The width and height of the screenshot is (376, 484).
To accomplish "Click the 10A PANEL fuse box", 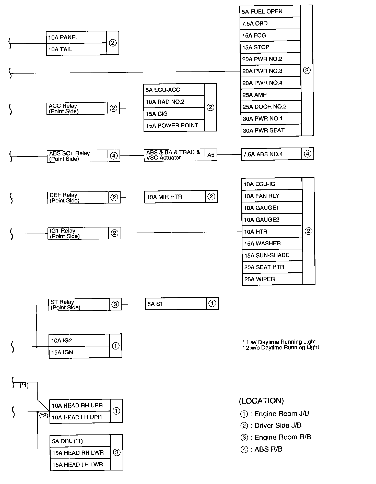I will (x=76, y=37).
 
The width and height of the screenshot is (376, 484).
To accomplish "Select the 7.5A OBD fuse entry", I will (x=270, y=23).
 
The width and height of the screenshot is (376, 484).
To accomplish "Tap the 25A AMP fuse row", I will (x=270, y=95).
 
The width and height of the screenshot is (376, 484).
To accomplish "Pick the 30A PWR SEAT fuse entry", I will (x=271, y=130).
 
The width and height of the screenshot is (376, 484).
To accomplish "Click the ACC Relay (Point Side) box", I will (x=77, y=108).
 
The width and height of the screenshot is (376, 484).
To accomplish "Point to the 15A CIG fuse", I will (x=174, y=114).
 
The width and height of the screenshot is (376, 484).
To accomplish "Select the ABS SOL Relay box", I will (x=77, y=156).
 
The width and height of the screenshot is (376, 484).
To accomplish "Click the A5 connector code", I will (x=211, y=155).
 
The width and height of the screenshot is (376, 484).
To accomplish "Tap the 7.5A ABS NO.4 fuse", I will (x=271, y=154).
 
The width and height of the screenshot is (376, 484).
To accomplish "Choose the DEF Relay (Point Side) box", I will (x=78, y=198).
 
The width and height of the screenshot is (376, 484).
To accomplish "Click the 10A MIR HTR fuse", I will (x=175, y=197).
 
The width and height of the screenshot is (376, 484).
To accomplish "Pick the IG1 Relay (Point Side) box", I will (x=78, y=233).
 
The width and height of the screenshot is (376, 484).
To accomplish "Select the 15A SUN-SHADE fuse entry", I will (x=272, y=255).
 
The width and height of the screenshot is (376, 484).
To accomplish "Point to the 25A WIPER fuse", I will (x=272, y=279).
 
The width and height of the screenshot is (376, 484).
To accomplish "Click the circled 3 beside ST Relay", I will (x=115, y=304).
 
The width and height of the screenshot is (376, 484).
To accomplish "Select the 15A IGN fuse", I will (x=79, y=352).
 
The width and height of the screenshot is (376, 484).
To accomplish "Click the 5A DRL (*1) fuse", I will (x=80, y=441).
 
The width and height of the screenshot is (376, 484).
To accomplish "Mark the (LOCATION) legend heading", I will (x=261, y=401).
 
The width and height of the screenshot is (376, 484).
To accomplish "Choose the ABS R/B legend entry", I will (x=262, y=449).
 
